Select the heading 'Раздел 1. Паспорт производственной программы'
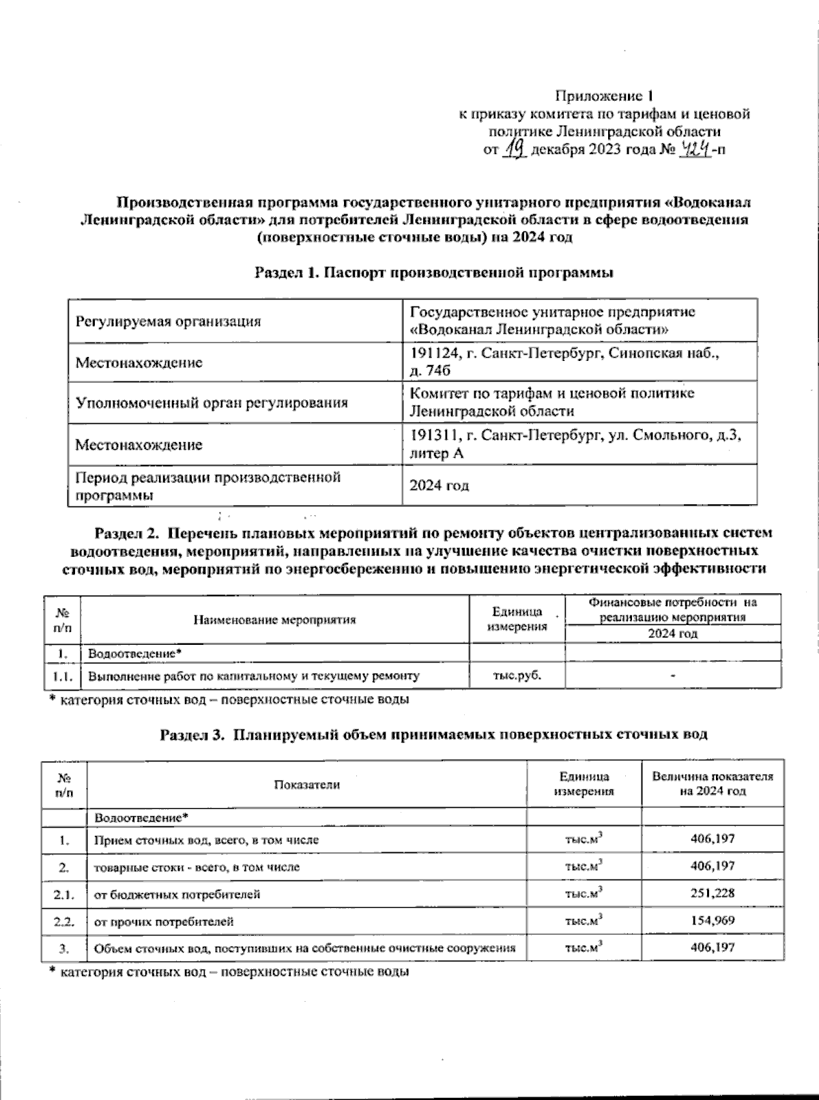point(434,273)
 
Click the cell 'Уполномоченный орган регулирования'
point(211,403)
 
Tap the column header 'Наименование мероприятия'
point(275,620)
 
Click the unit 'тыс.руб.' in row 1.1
point(517,676)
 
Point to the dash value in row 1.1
point(672,676)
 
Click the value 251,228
point(713,893)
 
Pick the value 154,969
point(713,921)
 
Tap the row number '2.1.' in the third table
point(64,893)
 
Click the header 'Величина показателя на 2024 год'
point(713,784)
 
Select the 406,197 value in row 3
point(713,948)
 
